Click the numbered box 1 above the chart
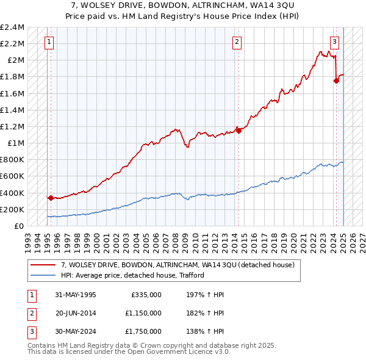pos(49,42)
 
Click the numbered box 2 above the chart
pos(237,42)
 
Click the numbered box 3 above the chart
pos(335,42)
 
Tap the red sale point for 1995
pos(51,198)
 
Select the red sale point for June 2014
pos(239,130)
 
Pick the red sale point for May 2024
pos(336,81)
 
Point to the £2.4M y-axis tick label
pos(12,27)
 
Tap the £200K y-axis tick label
pos(12,209)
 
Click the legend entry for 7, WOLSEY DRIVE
pos(178,265)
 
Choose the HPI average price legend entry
pos(132,275)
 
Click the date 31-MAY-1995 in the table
pos(76,295)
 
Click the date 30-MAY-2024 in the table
pos(76,331)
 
